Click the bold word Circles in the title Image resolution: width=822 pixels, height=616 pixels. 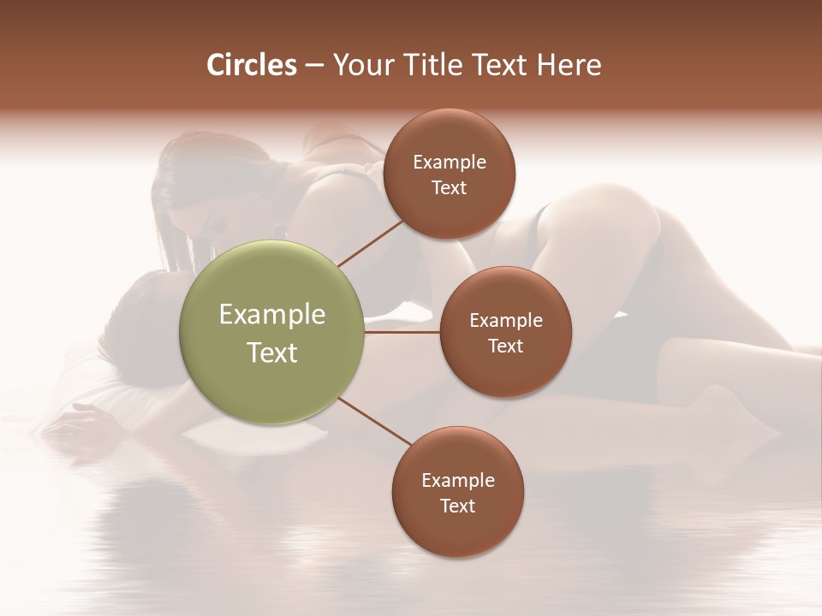[x=252, y=65]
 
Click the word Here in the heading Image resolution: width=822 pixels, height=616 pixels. [x=570, y=65]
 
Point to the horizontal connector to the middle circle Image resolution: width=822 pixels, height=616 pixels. [x=402, y=332]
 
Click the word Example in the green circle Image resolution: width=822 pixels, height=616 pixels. [x=272, y=315]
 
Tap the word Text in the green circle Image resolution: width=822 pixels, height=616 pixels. [x=272, y=352]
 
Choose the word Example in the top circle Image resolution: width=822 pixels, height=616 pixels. [x=450, y=163]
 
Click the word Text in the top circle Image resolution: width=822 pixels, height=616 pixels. [x=450, y=188]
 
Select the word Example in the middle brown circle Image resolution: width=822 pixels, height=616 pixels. [x=506, y=321]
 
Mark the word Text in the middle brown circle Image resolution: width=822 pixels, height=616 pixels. [x=506, y=346]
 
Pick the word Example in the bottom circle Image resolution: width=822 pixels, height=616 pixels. [x=458, y=481]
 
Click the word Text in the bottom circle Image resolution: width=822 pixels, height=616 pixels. [x=458, y=506]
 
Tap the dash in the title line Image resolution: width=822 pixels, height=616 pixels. [x=314, y=66]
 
